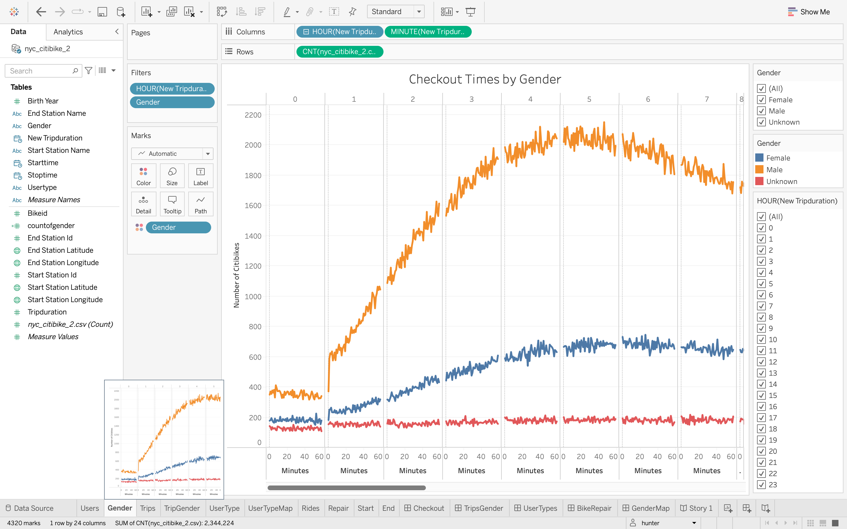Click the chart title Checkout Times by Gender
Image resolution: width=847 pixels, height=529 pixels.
[485, 79]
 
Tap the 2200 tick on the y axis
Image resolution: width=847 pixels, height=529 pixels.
[253, 115]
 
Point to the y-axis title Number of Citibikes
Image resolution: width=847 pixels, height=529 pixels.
[236, 275]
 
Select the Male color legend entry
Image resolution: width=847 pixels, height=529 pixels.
[774, 170]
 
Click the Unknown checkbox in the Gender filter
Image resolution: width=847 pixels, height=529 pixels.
[761, 122]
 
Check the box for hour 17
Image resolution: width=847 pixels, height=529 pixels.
[761, 418]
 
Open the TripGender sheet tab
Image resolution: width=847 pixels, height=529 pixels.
[182, 508]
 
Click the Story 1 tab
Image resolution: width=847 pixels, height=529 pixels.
[696, 508]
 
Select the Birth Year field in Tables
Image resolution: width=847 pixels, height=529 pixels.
[43, 101]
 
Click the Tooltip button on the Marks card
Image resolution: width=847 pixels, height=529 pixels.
[172, 204]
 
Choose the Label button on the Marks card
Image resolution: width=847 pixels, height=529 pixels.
[201, 176]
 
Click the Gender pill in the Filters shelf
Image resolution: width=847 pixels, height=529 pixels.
[172, 102]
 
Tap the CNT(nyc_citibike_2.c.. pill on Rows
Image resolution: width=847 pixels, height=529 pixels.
[339, 52]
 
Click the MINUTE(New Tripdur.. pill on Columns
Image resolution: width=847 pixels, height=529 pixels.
[427, 32]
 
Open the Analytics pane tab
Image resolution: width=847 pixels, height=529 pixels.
[68, 32]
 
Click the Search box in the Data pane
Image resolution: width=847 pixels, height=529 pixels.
[40, 71]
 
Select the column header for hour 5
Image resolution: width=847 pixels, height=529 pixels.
[589, 99]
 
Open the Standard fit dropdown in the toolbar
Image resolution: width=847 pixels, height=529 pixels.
[419, 12]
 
